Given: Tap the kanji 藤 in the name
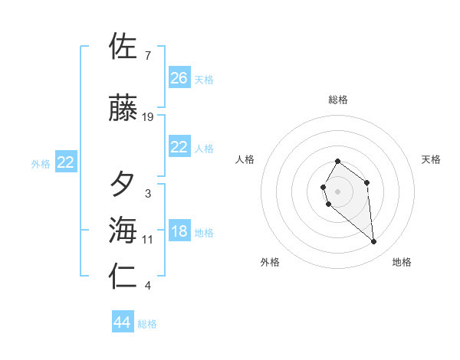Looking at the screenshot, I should (x=123, y=109).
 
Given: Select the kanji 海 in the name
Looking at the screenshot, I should (x=123, y=230).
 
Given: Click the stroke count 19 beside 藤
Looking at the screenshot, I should (x=148, y=117).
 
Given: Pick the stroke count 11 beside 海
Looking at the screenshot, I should (x=148, y=240).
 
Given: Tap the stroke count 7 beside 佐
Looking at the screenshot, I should (x=147, y=56).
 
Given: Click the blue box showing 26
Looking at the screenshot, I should (x=179, y=78).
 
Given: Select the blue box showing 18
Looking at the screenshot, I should (x=179, y=232).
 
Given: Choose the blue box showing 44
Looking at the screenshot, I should (x=123, y=322).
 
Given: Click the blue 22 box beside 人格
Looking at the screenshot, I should (x=179, y=148).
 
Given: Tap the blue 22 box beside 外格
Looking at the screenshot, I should (x=66, y=162).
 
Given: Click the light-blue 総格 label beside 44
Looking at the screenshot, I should (x=147, y=324).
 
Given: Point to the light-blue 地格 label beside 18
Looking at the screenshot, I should (x=204, y=233).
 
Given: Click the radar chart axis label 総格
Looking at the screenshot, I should (x=337, y=100).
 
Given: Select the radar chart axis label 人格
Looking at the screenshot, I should (x=245, y=159).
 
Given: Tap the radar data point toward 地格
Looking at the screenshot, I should (x=373, y=242).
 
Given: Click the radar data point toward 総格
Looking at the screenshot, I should (x=337, y=162).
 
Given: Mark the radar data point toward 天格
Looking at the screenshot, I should (x=367, y=182).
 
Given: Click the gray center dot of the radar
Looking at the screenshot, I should (x=337, y=191).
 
